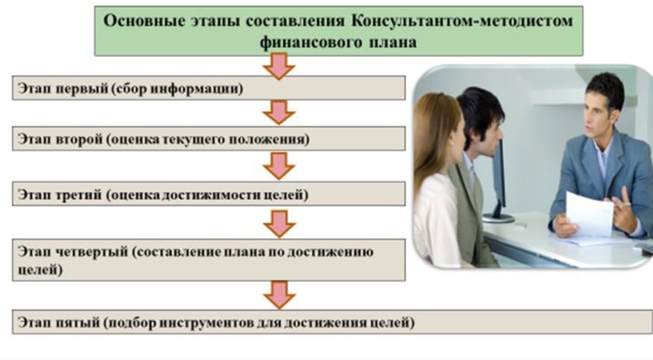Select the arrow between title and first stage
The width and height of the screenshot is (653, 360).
point(279,65)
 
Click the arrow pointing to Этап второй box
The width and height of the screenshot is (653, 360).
point(279,112)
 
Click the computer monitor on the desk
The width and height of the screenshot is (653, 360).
point(497,173)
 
